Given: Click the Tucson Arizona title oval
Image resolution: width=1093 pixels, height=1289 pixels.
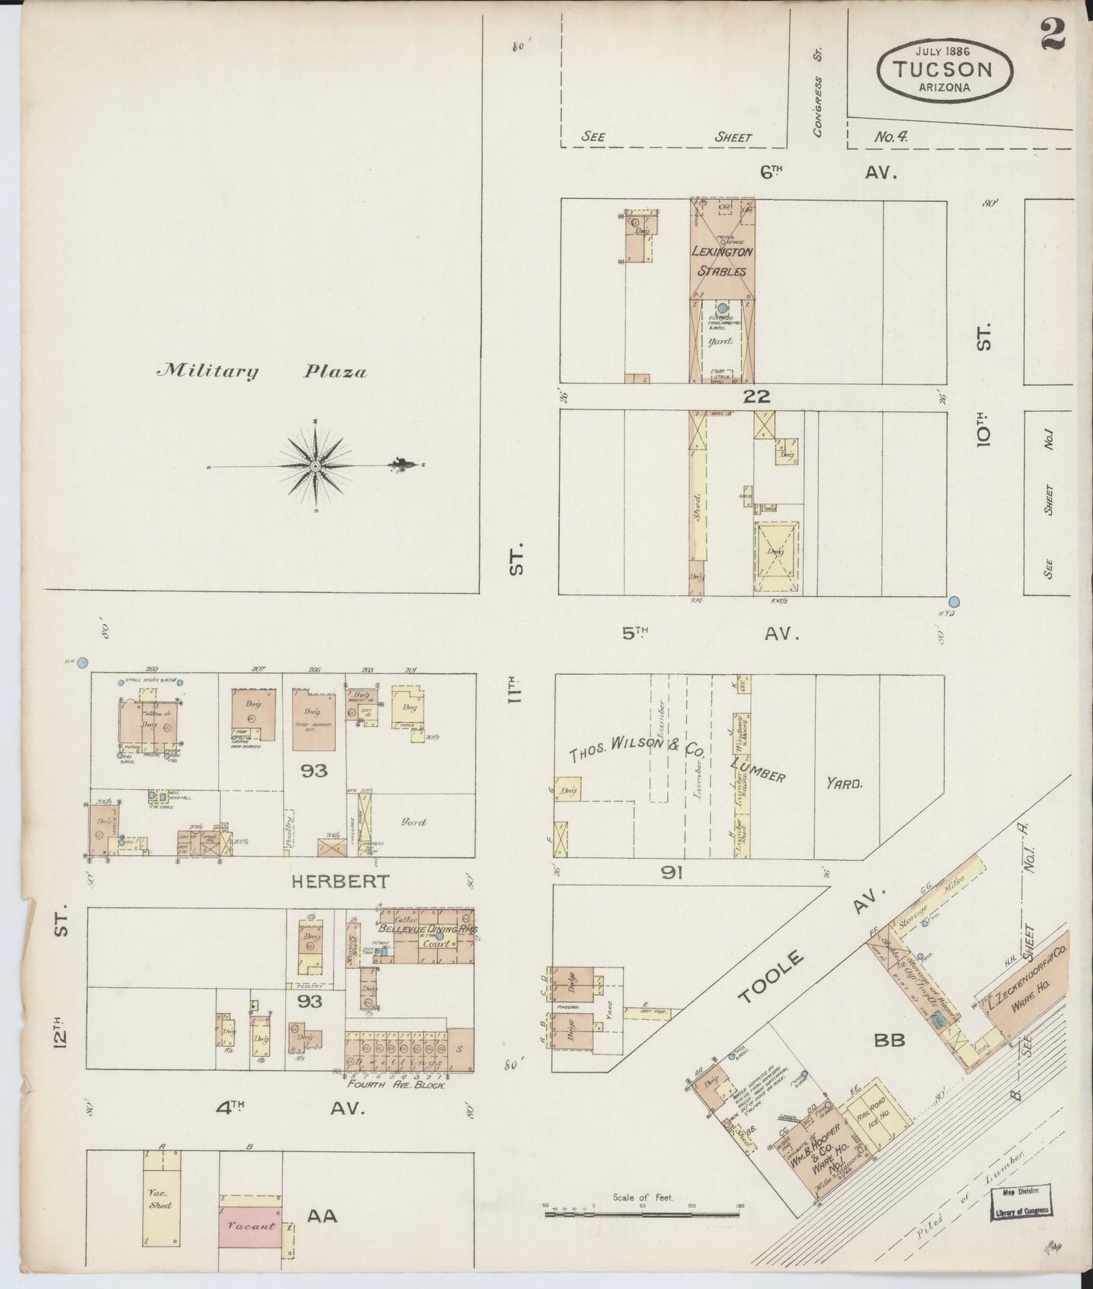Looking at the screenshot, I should pyautogui.click(x=944, y=70).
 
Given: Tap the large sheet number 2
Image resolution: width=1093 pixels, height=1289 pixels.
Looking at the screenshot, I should pyautogui.click(x=1052, y=33).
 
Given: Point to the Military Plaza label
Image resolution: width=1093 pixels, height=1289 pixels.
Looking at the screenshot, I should pyautogui.click(x=261, y=371).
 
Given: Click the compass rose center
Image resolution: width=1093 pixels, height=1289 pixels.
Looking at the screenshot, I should pyautogui.click(x=314, y=465).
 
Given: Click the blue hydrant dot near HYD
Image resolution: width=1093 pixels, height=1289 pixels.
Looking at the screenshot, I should pyautogui.click(x=954, y=602).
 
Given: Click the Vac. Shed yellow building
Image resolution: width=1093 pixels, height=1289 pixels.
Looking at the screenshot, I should pyautogui.click(x=160, y=1205).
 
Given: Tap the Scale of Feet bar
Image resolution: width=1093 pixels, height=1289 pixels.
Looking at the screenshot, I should pyautogui.click(x=643, y=1214).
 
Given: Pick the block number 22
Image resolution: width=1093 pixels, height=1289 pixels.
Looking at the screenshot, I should pyautogui.click(x=756, y=396).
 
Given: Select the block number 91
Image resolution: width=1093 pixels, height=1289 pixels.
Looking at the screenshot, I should pyautogui.click(x=672, y=872).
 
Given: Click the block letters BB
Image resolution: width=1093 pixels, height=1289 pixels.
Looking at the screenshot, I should pyautogui.click(x=890, y=1040).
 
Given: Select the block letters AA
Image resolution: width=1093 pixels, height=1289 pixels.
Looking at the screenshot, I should pyautogui.click(x=321, y=1216).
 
